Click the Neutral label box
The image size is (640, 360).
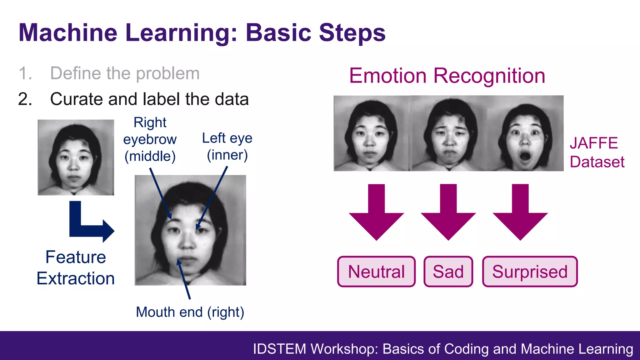coord(376,272)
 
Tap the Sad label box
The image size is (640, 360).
coord(448,272)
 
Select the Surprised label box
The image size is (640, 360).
coord(530,272)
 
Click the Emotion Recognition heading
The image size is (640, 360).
coord(447,76)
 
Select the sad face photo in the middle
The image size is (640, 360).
coord(449,133)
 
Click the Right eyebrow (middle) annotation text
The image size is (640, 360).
coord(150,139)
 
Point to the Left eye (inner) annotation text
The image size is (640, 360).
coord(227,146)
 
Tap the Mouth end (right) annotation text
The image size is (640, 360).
coord(190,312)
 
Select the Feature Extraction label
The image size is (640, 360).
coord(76,267)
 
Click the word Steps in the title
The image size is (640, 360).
coord(352,32)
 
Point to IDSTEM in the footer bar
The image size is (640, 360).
coord(279,349)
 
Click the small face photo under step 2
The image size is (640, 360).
coord(76,157)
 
